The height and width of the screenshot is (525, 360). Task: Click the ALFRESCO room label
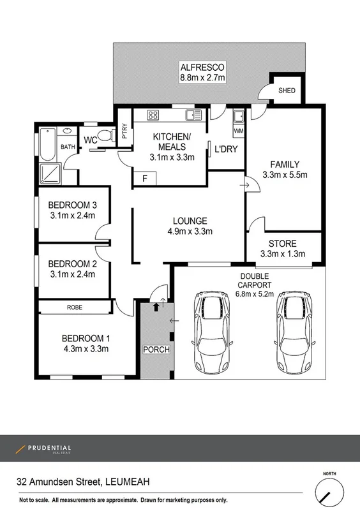[202, 68]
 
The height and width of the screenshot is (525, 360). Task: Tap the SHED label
[287, 91]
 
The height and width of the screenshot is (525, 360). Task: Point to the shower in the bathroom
[49, 173]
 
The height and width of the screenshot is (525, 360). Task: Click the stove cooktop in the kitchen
[153, 115]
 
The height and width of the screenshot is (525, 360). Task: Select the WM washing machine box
[239, 131]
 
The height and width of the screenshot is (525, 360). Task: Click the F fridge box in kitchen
[145, 179]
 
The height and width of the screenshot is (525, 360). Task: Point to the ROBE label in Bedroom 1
[75, 307]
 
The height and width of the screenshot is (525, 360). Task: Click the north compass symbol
[329, 492]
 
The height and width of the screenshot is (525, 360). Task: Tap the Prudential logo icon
[20, 449]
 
